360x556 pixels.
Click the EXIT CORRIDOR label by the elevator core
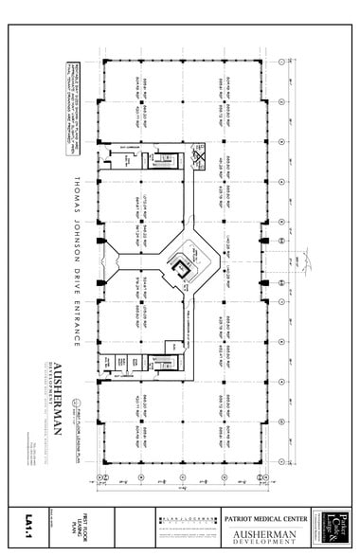tap(132, 148)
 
